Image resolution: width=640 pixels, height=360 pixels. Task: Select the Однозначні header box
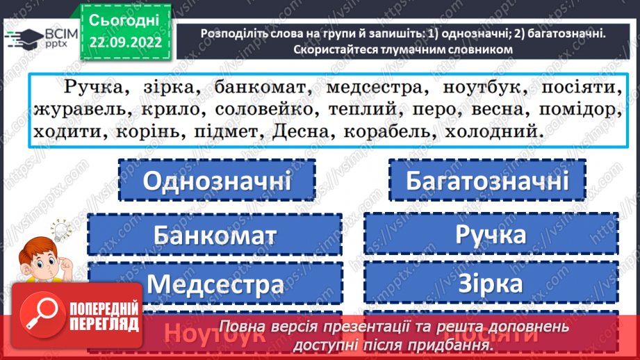click(217, 182)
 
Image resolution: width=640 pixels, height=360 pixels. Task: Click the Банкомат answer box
click(215, 235)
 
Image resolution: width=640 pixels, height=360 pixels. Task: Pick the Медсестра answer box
click(215, 284)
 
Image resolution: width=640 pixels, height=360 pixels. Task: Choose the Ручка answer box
click(491, 235)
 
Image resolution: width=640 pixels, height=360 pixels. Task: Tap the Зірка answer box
click(491, 284)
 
